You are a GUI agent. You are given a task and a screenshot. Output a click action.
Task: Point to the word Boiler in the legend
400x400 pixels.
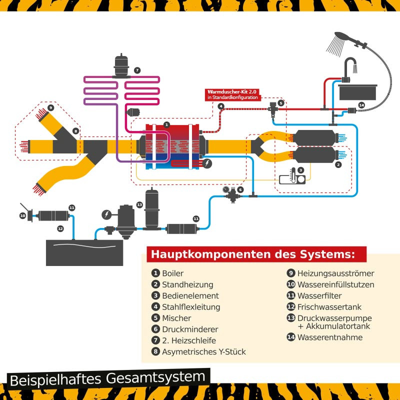pyautogui.click(x=172, y=273)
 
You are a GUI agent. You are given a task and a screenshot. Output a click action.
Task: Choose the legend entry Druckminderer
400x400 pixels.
pyautogui.click(x=183, y=329)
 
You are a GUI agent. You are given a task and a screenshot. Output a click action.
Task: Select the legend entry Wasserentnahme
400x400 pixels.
pyautogui.click(x=329, y=337)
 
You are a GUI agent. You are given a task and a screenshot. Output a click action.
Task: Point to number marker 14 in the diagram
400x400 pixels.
pyautogui.click(x=361, y=105)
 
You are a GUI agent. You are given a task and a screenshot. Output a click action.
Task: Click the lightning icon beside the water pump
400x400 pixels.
pyautogui.click(x=106, y=214)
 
